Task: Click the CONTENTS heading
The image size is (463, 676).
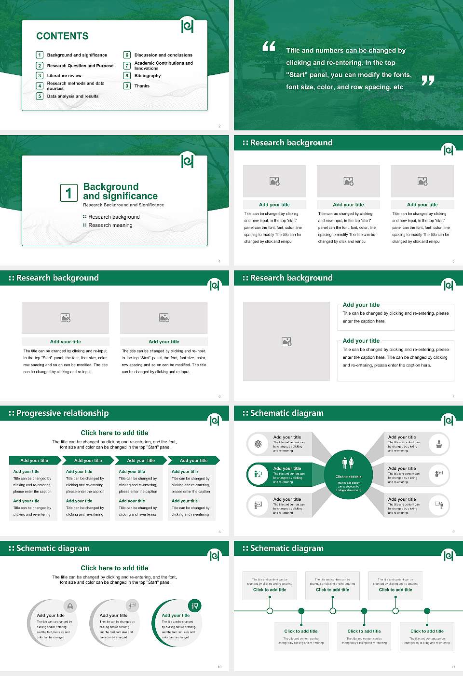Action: click(62, 36)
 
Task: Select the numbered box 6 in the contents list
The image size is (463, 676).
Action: click(127, 55)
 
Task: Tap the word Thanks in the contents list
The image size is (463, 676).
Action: click(142, 86)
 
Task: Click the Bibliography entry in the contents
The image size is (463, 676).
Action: click(148, 76)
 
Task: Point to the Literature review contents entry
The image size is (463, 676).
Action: click(64, 76)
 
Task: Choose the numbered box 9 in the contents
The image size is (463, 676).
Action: click(127, 86)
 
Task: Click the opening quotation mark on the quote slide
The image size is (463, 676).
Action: click(269, 46)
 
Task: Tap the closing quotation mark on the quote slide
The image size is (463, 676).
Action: click(428, 81)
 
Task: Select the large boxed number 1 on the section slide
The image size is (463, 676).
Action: click(68, 193)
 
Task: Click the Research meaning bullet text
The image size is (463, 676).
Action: click(110, 225)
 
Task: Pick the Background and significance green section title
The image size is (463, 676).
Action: click(120, 191)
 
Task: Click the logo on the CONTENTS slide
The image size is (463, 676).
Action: click(187, 26)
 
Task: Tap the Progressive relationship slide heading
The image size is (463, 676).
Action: click(62, 413)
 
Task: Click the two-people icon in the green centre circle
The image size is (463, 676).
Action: click(348, 463)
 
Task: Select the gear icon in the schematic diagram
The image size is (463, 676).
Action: click(258, 444)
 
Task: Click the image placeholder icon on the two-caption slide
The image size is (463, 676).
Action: click(286, 341)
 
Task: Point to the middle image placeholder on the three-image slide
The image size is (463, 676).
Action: click(348, 181)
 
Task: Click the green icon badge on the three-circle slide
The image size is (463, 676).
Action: click(194, 606)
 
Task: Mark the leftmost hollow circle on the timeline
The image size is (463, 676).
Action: click(270, 611)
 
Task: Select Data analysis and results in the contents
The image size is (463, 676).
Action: click(72, 96)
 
